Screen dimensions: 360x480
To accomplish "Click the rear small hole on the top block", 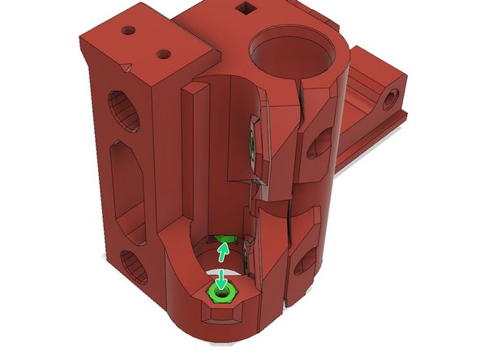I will (128, 31).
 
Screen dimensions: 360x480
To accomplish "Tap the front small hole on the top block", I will (164, 56).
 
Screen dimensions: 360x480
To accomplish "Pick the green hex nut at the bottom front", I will (221, 289).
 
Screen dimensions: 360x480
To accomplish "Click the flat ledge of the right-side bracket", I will (373, 130).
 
